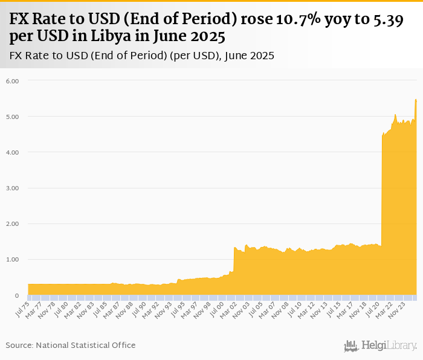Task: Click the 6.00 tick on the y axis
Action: point(13,80)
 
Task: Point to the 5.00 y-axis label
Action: point(13,116)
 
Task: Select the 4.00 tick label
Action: point(13,152)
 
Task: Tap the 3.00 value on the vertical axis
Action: point(13,188)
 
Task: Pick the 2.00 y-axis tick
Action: point(13,223)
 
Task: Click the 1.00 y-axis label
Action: point(13,260)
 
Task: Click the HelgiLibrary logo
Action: point(380,346)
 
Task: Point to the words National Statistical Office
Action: point(86,346)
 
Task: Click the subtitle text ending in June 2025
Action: point(143,56)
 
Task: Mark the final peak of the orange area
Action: point(416,99)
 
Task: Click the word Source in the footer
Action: point(19,346)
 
